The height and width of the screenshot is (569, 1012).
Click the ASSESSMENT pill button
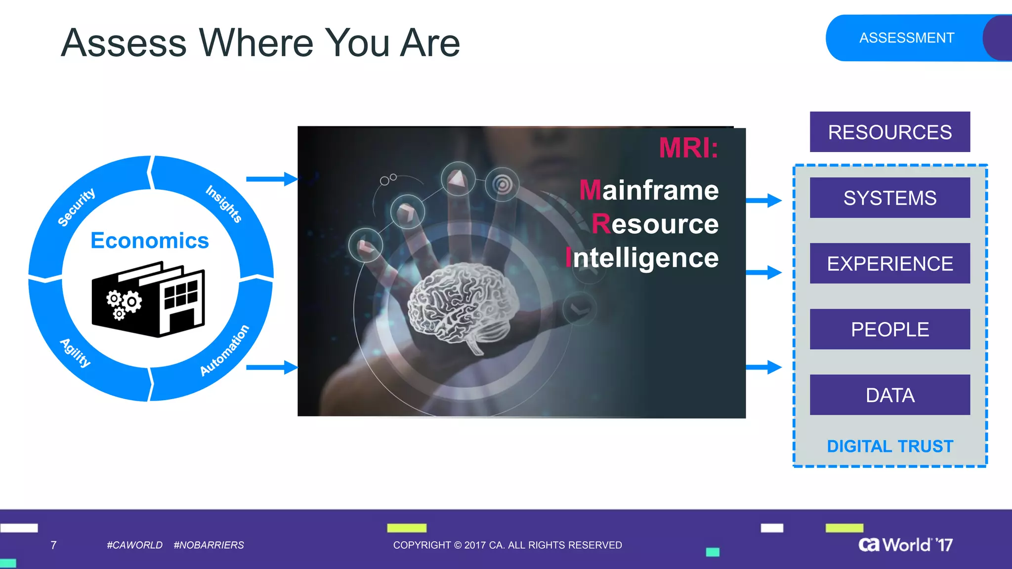tap(906, 38)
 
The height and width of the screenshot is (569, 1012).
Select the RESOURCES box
tap(889, 132)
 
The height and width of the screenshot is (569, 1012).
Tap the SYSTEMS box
tap(889, 198)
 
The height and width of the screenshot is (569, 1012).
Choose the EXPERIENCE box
tap(889, 263)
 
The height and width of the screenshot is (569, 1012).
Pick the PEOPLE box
tap(889, 329)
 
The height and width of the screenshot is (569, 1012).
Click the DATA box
tap(889, 395)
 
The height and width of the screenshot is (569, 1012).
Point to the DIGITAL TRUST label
tap(889, 446)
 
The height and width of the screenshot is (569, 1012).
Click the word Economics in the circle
tap(150, 241)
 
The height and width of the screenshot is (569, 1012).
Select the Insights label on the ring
tap(224, 203)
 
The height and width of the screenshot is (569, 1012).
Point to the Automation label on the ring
tap(224, 350)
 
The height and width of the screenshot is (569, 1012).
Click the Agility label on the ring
tap(76, 353)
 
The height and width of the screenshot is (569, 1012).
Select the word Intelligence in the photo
tap(642, 258)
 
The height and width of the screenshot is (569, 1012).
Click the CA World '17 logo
tap(905, 544)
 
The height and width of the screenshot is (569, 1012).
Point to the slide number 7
tap(53, 545)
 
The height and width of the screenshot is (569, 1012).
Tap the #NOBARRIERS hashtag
tap(209, 545)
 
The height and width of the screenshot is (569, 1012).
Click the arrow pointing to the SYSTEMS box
tap(763, 201)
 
